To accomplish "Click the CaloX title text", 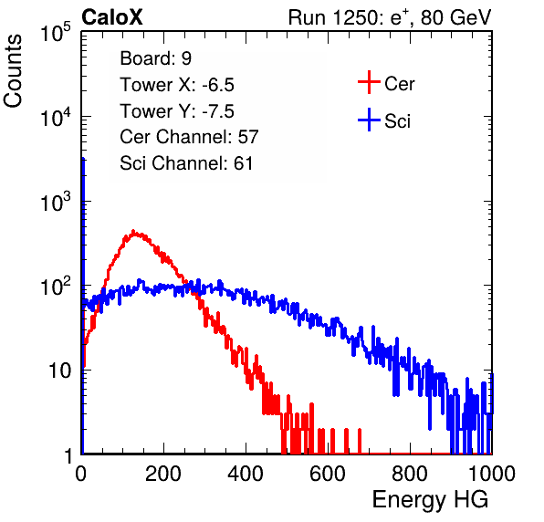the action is click(x=111, y=17).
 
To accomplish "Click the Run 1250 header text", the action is click(x=390, y=17).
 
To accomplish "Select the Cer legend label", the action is click(x=399, y=84).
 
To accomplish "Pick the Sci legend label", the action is click(x=397, y=121).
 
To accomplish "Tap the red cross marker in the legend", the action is click(x=369, y=82).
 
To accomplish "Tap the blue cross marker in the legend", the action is click(x=369, y=120).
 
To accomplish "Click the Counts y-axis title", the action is click(x=13, y=71).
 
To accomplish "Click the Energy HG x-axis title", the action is click(x=430, y=499).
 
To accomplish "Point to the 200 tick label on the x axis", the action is click(x=163, y=474).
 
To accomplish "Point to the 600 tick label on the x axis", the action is click(x=328, y=474).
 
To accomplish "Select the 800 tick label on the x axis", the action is click(x=410, y=474).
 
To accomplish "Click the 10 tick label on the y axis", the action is click(x=59, y=371).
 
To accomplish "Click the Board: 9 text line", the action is click(x=156, y=58).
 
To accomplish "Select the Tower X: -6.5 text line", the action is click(x=177, y=85).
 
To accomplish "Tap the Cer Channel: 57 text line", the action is click(x=189, y=137).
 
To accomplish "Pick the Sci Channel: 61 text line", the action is click(x=186, y=163).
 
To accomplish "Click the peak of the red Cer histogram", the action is click(x=133, y=231).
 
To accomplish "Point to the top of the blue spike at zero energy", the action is click(x=83, y=159).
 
